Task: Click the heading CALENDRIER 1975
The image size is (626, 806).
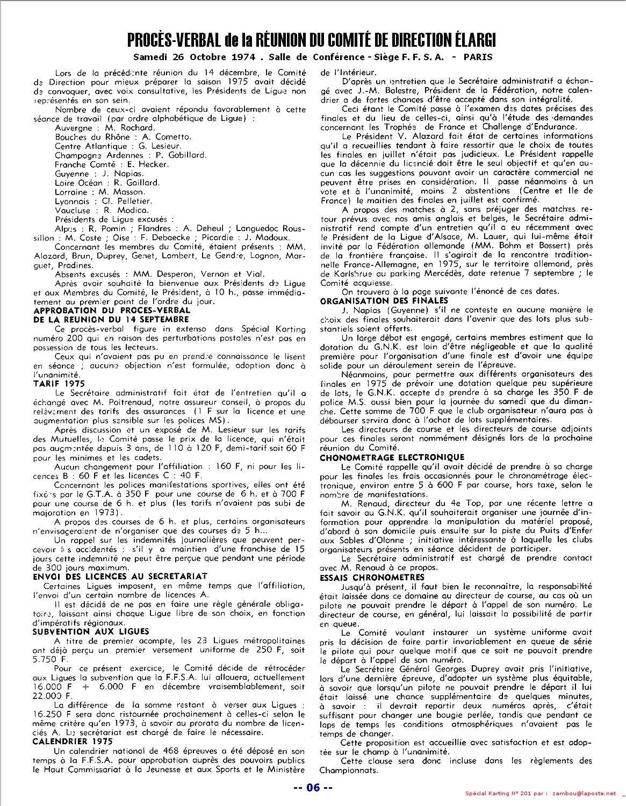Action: [73, 741]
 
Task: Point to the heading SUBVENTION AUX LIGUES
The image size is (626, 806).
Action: [91, 631]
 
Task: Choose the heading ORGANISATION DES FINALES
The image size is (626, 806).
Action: [384, 301]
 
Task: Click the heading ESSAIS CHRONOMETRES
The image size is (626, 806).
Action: [371, 577]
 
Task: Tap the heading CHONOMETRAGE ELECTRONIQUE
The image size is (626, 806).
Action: [392, 458]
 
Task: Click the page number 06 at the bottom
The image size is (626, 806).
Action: [313, 788]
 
